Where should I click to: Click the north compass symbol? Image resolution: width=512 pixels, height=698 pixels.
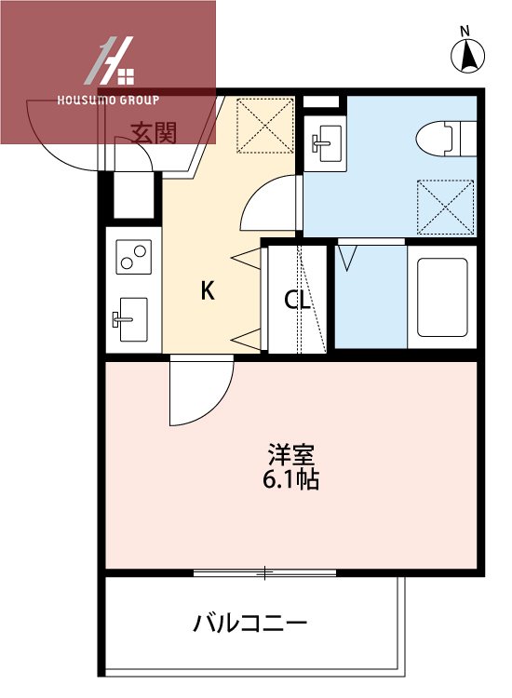pos(469,54)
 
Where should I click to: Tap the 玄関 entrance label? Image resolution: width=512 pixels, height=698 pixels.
pos(154,133)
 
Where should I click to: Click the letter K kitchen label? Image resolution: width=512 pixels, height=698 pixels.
pos(208,291)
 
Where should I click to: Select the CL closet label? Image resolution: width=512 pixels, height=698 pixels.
pos(297,300)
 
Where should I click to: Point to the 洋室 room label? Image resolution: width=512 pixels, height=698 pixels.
pos(293,456)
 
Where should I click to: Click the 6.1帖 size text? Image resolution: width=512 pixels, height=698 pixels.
pos(293,480)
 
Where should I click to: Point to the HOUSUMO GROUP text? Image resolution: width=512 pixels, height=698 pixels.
pos(108,100)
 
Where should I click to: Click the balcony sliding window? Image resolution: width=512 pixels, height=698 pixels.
pos(264,571)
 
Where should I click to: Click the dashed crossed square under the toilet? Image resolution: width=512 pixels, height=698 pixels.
pos(445,207)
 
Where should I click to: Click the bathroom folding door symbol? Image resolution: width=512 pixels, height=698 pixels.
pos(350,257)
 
